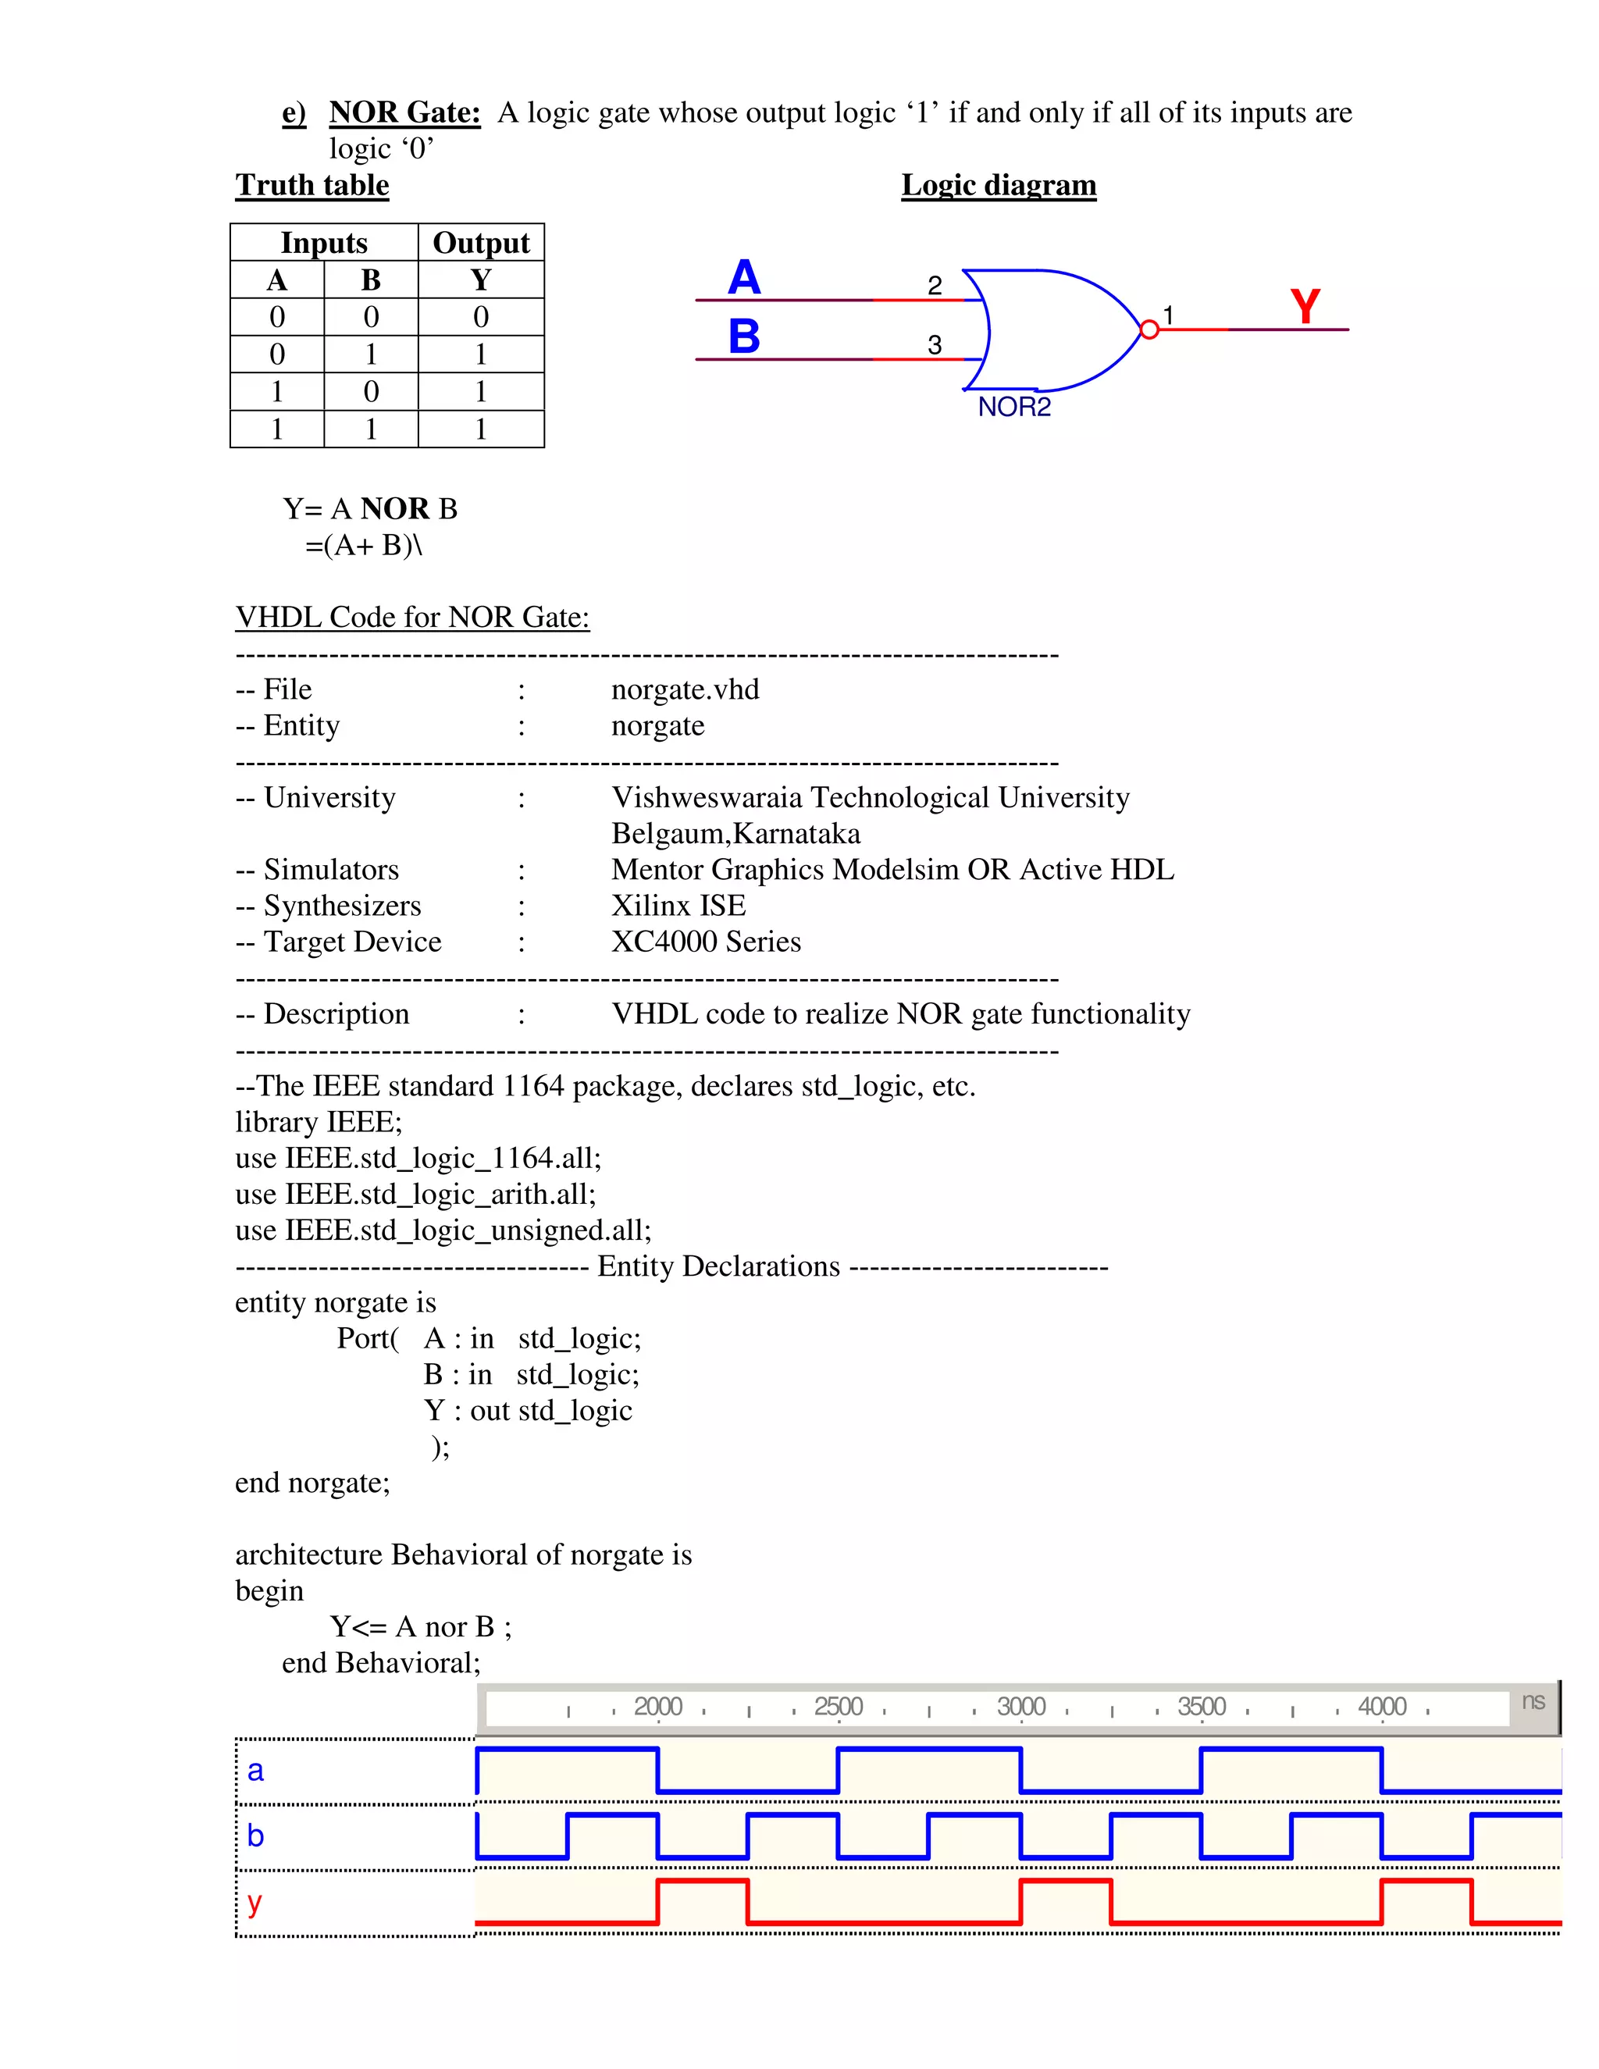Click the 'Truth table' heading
click(x=312, y=185)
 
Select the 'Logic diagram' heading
click(x=999, y=185)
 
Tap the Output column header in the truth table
click(x=480, y=243)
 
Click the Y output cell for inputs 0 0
click(x=480, y=316)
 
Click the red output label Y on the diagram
click(x=1305, y=307)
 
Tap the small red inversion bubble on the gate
click(x=1149, y=329)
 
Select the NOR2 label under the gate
click(x=1013, y=408)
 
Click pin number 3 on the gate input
click(x=934, y=345)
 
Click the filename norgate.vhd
click(x=685, y=689)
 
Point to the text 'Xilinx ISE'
click(x=678, y=906)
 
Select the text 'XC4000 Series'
click(x=706, y=942)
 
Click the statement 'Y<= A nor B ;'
click(x=421, y=1626)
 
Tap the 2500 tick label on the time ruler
click(x=838, y=1706)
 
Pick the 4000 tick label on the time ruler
click(x=1381, y=1706)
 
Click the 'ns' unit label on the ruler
click(x=1533, y=1701)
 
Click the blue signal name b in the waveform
click(x=255, y=1836)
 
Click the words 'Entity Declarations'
click(x=718, y=1266)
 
